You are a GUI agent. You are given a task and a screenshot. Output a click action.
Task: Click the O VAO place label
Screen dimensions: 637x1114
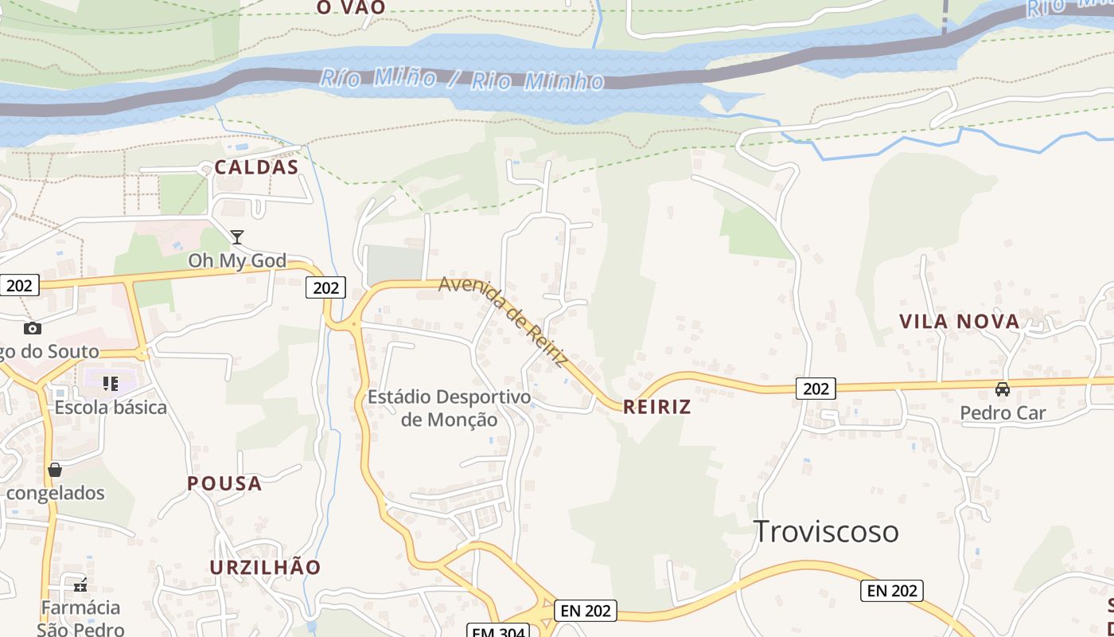point(351,8)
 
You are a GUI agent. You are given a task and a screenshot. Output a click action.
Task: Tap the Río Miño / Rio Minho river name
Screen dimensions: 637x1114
point(462,79)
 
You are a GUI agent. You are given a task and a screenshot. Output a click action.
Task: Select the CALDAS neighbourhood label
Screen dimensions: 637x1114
point(256,167)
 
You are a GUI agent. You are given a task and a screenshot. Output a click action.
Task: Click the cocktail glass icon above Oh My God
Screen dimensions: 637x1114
point(237,236)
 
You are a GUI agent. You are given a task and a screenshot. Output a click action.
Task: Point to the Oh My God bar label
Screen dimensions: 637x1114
point(237,260)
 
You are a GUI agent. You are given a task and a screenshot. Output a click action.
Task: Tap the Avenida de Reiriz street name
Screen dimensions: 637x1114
point(504,321)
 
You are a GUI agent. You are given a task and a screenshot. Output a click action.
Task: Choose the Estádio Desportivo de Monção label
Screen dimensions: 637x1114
point(449,408)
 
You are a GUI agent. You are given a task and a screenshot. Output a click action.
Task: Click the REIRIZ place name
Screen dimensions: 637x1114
point(656,407)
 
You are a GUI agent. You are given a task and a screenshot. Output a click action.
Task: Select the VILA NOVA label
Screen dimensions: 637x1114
point(959,321)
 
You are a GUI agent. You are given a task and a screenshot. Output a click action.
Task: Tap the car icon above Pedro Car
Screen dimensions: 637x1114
point(1003,389)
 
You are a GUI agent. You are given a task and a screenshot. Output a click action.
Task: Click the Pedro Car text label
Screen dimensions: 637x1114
point(1003,412)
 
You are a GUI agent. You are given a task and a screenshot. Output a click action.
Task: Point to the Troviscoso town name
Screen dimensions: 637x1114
point(826,531)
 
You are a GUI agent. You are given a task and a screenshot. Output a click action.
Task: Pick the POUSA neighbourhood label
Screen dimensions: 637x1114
point(224,483)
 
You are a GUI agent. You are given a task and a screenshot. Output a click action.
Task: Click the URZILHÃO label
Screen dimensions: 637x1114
point(265,567)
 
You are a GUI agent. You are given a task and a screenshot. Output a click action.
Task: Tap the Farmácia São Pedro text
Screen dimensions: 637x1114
point(80,618)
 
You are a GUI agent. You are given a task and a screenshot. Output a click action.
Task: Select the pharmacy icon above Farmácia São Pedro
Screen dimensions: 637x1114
point(80,585)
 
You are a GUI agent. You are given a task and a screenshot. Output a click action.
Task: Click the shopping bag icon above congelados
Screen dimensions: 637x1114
point(55,470)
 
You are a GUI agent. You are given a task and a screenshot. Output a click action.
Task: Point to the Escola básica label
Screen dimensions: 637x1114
point(111,408)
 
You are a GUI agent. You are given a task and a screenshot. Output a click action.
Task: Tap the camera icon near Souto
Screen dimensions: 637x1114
point(33,328)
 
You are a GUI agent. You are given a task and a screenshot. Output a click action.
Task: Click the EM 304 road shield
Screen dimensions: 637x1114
point(497,631)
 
